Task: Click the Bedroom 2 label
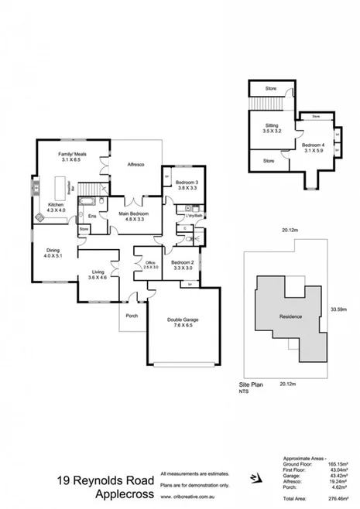182,263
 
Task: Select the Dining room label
50,251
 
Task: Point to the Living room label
98,272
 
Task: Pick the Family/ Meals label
73,155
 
